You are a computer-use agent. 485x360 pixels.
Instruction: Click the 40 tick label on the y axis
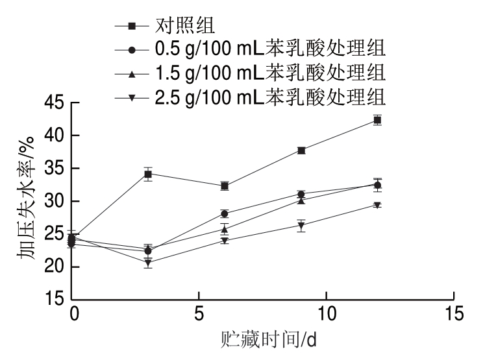[56, 136]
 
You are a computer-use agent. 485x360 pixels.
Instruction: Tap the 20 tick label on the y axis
[56, 267]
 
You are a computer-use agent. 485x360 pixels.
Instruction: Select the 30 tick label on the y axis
[56, 201]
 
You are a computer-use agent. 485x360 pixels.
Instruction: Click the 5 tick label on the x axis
[199, 313]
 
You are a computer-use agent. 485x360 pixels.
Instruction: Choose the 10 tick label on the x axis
[325, 313]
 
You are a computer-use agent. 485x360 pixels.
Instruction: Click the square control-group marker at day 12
[377, 120]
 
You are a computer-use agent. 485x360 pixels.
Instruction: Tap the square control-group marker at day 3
[148, 174]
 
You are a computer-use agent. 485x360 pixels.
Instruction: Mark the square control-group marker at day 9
[301, 150]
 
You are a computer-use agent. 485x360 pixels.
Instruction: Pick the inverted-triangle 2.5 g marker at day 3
[148, 263]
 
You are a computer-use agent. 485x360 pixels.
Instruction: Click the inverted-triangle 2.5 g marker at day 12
[377, 205]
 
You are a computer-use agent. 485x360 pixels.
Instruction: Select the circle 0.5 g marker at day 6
[225, 213]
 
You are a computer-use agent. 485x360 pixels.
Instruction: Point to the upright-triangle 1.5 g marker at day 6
[225, 229]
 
